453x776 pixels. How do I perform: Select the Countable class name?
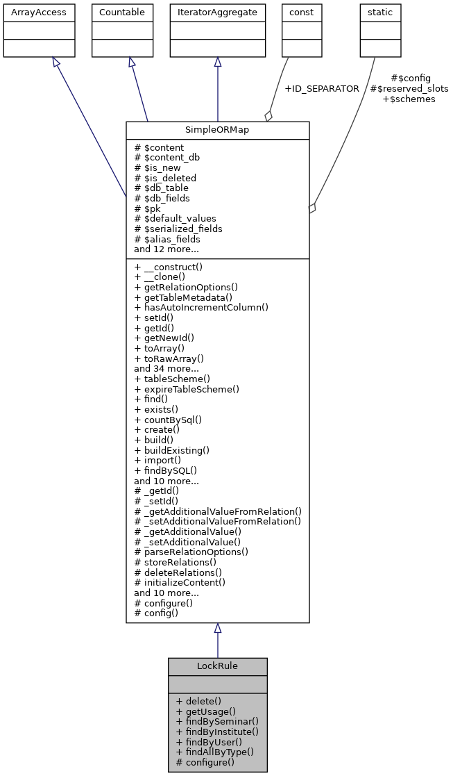click(122, 13)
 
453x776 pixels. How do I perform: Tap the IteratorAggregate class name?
click(217, 13)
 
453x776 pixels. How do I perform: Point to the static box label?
click(376, 13)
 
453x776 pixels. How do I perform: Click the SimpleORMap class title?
click(217, 130)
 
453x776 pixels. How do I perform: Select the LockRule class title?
click(217, 666)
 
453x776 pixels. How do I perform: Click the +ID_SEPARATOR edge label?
click(322, 89)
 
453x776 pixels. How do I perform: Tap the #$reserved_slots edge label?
click(409, 89)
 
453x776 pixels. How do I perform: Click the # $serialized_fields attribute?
click(178, 229)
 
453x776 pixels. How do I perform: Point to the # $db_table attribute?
click(161, 188)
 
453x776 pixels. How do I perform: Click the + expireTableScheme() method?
click(187, 389)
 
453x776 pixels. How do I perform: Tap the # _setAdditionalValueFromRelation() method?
click(218, 521)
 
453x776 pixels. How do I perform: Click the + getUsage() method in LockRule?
click(206, 711)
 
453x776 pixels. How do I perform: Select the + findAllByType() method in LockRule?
click(215, 752)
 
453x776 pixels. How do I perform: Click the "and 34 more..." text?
click(166, 369)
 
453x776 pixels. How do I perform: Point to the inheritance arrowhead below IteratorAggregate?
click(217, 63)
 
